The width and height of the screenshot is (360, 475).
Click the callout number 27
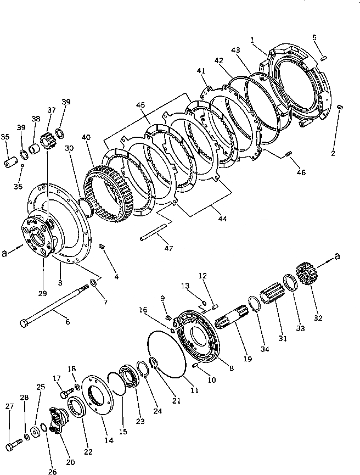[x=9, y=406]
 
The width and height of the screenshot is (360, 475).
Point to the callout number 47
[x=168, y=248]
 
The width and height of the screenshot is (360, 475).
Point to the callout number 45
[x=141, y=105]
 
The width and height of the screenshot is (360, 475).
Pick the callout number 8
[x=230, y=368]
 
